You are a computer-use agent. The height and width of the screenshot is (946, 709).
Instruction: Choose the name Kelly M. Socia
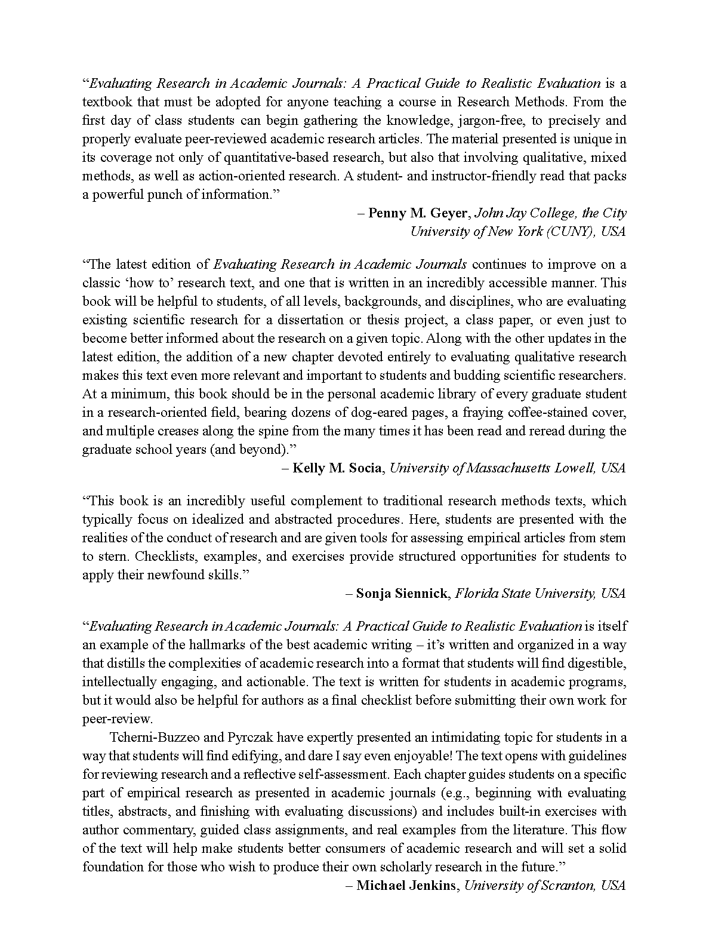click(337, 468)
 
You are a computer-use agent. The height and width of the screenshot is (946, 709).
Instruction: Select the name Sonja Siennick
click(402, 594)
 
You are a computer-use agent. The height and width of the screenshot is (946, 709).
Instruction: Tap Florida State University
click(525, 594)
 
